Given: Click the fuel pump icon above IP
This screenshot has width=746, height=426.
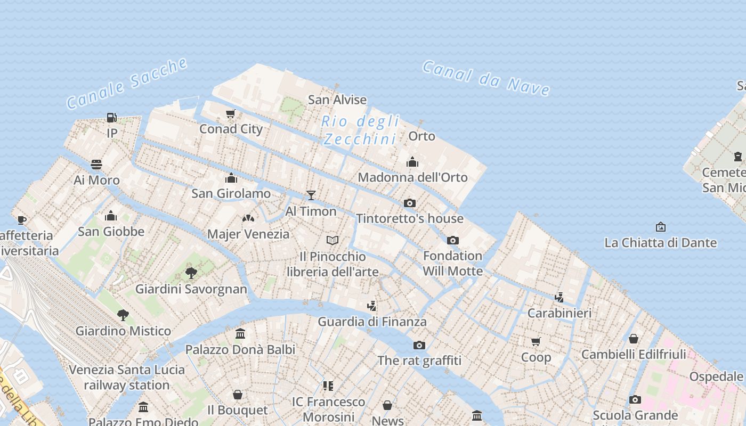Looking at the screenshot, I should pyautogui.click(x=111, y=118).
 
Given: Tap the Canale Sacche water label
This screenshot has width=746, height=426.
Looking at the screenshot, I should pyautogui.click(x=127, y=84).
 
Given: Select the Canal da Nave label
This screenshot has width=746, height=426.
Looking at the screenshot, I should pyautogui.click(x=485, y=78).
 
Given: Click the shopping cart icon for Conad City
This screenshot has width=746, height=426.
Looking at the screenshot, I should pyautogui.click(x=231, y=113).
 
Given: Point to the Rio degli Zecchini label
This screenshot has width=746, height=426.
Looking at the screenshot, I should pyautogui.click(x=360, y=130).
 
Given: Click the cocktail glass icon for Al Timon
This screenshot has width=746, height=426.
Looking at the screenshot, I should pyautogui.click(x=311, y=195).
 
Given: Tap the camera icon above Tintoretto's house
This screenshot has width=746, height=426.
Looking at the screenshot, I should pyautogui.click(x=410, y=203).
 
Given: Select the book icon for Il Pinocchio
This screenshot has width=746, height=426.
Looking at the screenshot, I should pyautogui.click(x=333, y=241).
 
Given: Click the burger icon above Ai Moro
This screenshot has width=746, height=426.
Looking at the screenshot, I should pyautogui.click(x=96, y=164).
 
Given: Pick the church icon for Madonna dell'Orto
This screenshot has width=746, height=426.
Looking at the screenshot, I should pyautogui.click(x=412, y=162).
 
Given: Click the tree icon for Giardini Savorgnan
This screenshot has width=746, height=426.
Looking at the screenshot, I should pyautogui.click(x=191, y=273).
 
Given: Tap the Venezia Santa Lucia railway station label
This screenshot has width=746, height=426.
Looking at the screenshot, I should pyautogui.click(x=127, y=377).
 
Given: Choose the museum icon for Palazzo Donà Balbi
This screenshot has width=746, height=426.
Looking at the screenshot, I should pyautogui.click(x=240, y=334).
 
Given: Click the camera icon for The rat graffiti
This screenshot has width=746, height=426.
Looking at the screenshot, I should pyautogui.click(x=419, y=345).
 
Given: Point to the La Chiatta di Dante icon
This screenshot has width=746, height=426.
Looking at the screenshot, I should pyautogui.click(x=661, y=227).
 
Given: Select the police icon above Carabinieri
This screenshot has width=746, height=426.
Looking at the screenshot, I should pyautogui.click(x=559, y=297).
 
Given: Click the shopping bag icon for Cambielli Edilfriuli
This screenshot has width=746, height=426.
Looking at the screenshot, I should pyautogui.click(x=634, y=339).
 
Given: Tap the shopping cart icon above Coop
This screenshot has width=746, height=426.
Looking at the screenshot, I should pyautogui.click(x=536, y=341).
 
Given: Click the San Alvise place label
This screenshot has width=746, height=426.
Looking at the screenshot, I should pyautogui.click(x=337, y=100).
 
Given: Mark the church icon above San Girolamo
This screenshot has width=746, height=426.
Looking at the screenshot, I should pyautogui.click(x=231, y=178).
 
